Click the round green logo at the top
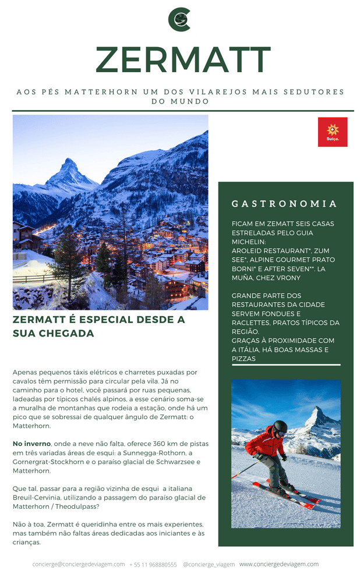point(179,19)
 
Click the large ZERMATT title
point(183,60)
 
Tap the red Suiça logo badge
point(333,132)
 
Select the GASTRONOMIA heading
point(284,204)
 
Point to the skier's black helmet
point(280,427)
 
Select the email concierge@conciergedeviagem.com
point(79,564)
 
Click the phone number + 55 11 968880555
point(153,565)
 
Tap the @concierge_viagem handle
point(209,565)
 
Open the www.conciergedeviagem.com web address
point(279,564)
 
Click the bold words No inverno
point(31,444)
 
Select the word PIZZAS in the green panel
point(243,359)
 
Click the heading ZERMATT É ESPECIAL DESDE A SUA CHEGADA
point(98,327)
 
